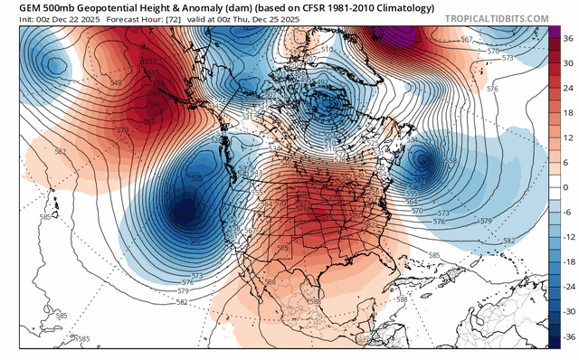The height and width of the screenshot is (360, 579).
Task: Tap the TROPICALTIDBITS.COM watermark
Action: tap(496, 17)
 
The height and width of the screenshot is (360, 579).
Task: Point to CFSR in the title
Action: tap(285, 6)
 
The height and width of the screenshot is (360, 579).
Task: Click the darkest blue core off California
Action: tap(185, 213)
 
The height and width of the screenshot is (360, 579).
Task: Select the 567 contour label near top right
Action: tap(467, 39)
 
